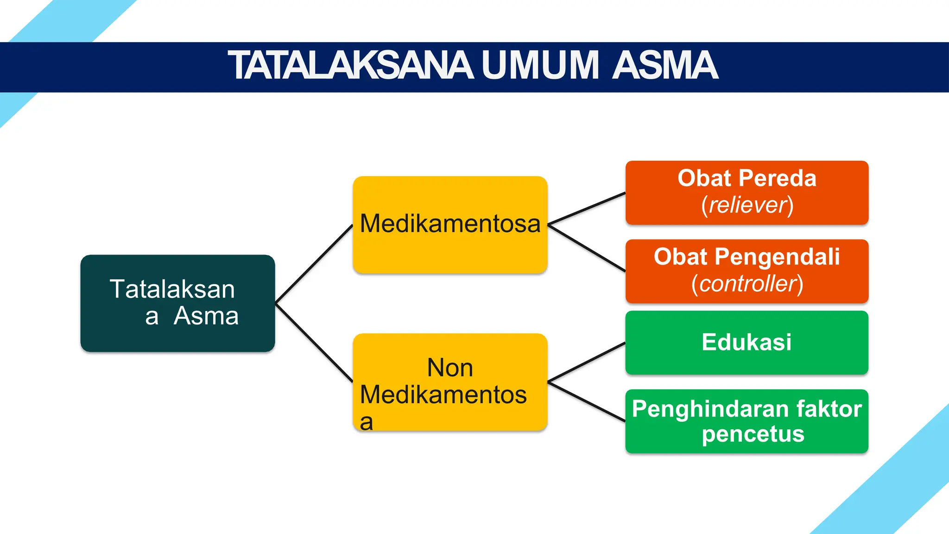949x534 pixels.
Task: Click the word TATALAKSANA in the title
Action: pos(351,66)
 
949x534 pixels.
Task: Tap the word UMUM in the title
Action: pos(540,66)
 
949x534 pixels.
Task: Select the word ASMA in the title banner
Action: pos(664,66)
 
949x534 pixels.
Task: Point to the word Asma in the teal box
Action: pos(206,317)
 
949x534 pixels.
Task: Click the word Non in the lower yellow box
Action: pos(450,368)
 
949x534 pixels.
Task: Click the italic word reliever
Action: pos(748,205)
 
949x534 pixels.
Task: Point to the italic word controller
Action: pos(748,284)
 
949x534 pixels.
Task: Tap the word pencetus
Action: pos(753,434)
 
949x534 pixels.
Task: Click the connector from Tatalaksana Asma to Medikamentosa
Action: pos(314,264)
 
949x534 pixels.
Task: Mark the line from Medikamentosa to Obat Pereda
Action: pos(587,209)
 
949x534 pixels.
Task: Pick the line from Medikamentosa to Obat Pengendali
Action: pos(587,248)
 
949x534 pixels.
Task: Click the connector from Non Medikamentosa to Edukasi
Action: pos(587,362)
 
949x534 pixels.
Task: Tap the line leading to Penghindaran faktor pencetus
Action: pos(587,401)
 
